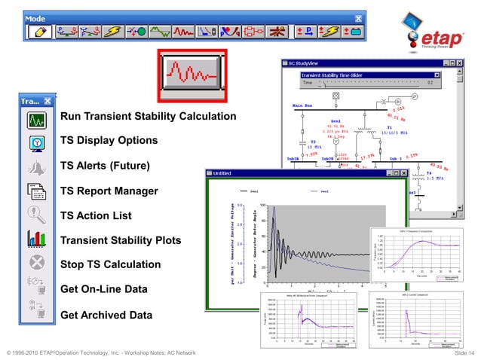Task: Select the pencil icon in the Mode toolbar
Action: click(38, 32)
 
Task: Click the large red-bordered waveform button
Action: click(192, 75)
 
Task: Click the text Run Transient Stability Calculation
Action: click(148, 117)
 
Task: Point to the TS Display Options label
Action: click(109, 141)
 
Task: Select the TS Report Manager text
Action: click(109, 191)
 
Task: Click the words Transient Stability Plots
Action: click(121, 241)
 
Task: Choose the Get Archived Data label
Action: click(106, 314)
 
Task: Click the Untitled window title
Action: click(222, 173)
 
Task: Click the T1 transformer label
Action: click(389, 127)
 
